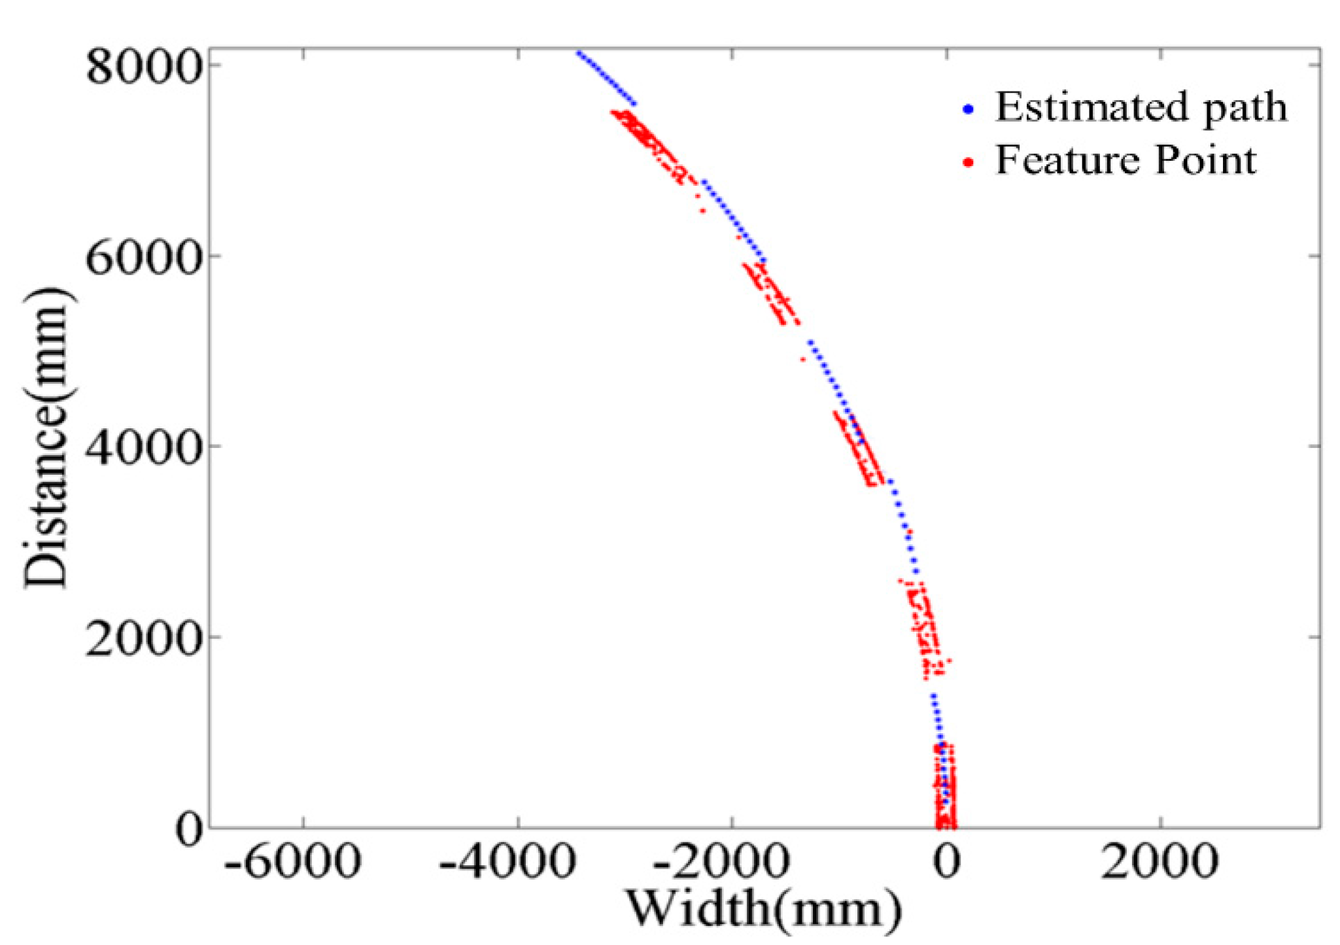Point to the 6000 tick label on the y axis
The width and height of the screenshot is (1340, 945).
(143, 257)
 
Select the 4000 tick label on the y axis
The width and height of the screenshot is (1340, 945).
(143, 447)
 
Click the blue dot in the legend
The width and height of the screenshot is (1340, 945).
(969, 109)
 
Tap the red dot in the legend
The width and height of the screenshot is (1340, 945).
(969, 162)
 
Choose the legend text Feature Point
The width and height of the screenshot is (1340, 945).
(1125, 160)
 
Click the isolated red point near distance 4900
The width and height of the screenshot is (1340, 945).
(803, 359)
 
